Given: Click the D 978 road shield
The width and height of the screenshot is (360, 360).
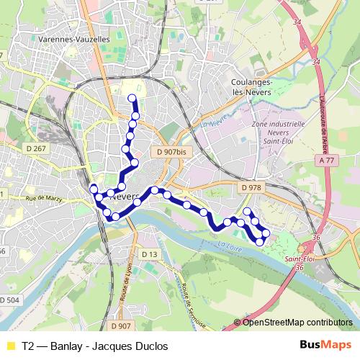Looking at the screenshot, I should pyautogui.click(x=251, y=187).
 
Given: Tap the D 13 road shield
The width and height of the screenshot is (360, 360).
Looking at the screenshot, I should pyautogui.click(x=149, y=254).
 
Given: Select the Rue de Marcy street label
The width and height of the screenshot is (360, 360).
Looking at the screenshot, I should pyautogui.click(x=40, y=197).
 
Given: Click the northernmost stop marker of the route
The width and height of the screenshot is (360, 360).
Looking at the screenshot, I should pyautogui.click(x=132, y=99).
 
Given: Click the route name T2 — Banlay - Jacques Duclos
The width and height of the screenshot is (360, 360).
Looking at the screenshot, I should pyautogui.click(x=94, y=346).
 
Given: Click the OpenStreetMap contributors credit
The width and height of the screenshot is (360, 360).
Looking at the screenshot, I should pyautogui.click(x=297, y=323).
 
